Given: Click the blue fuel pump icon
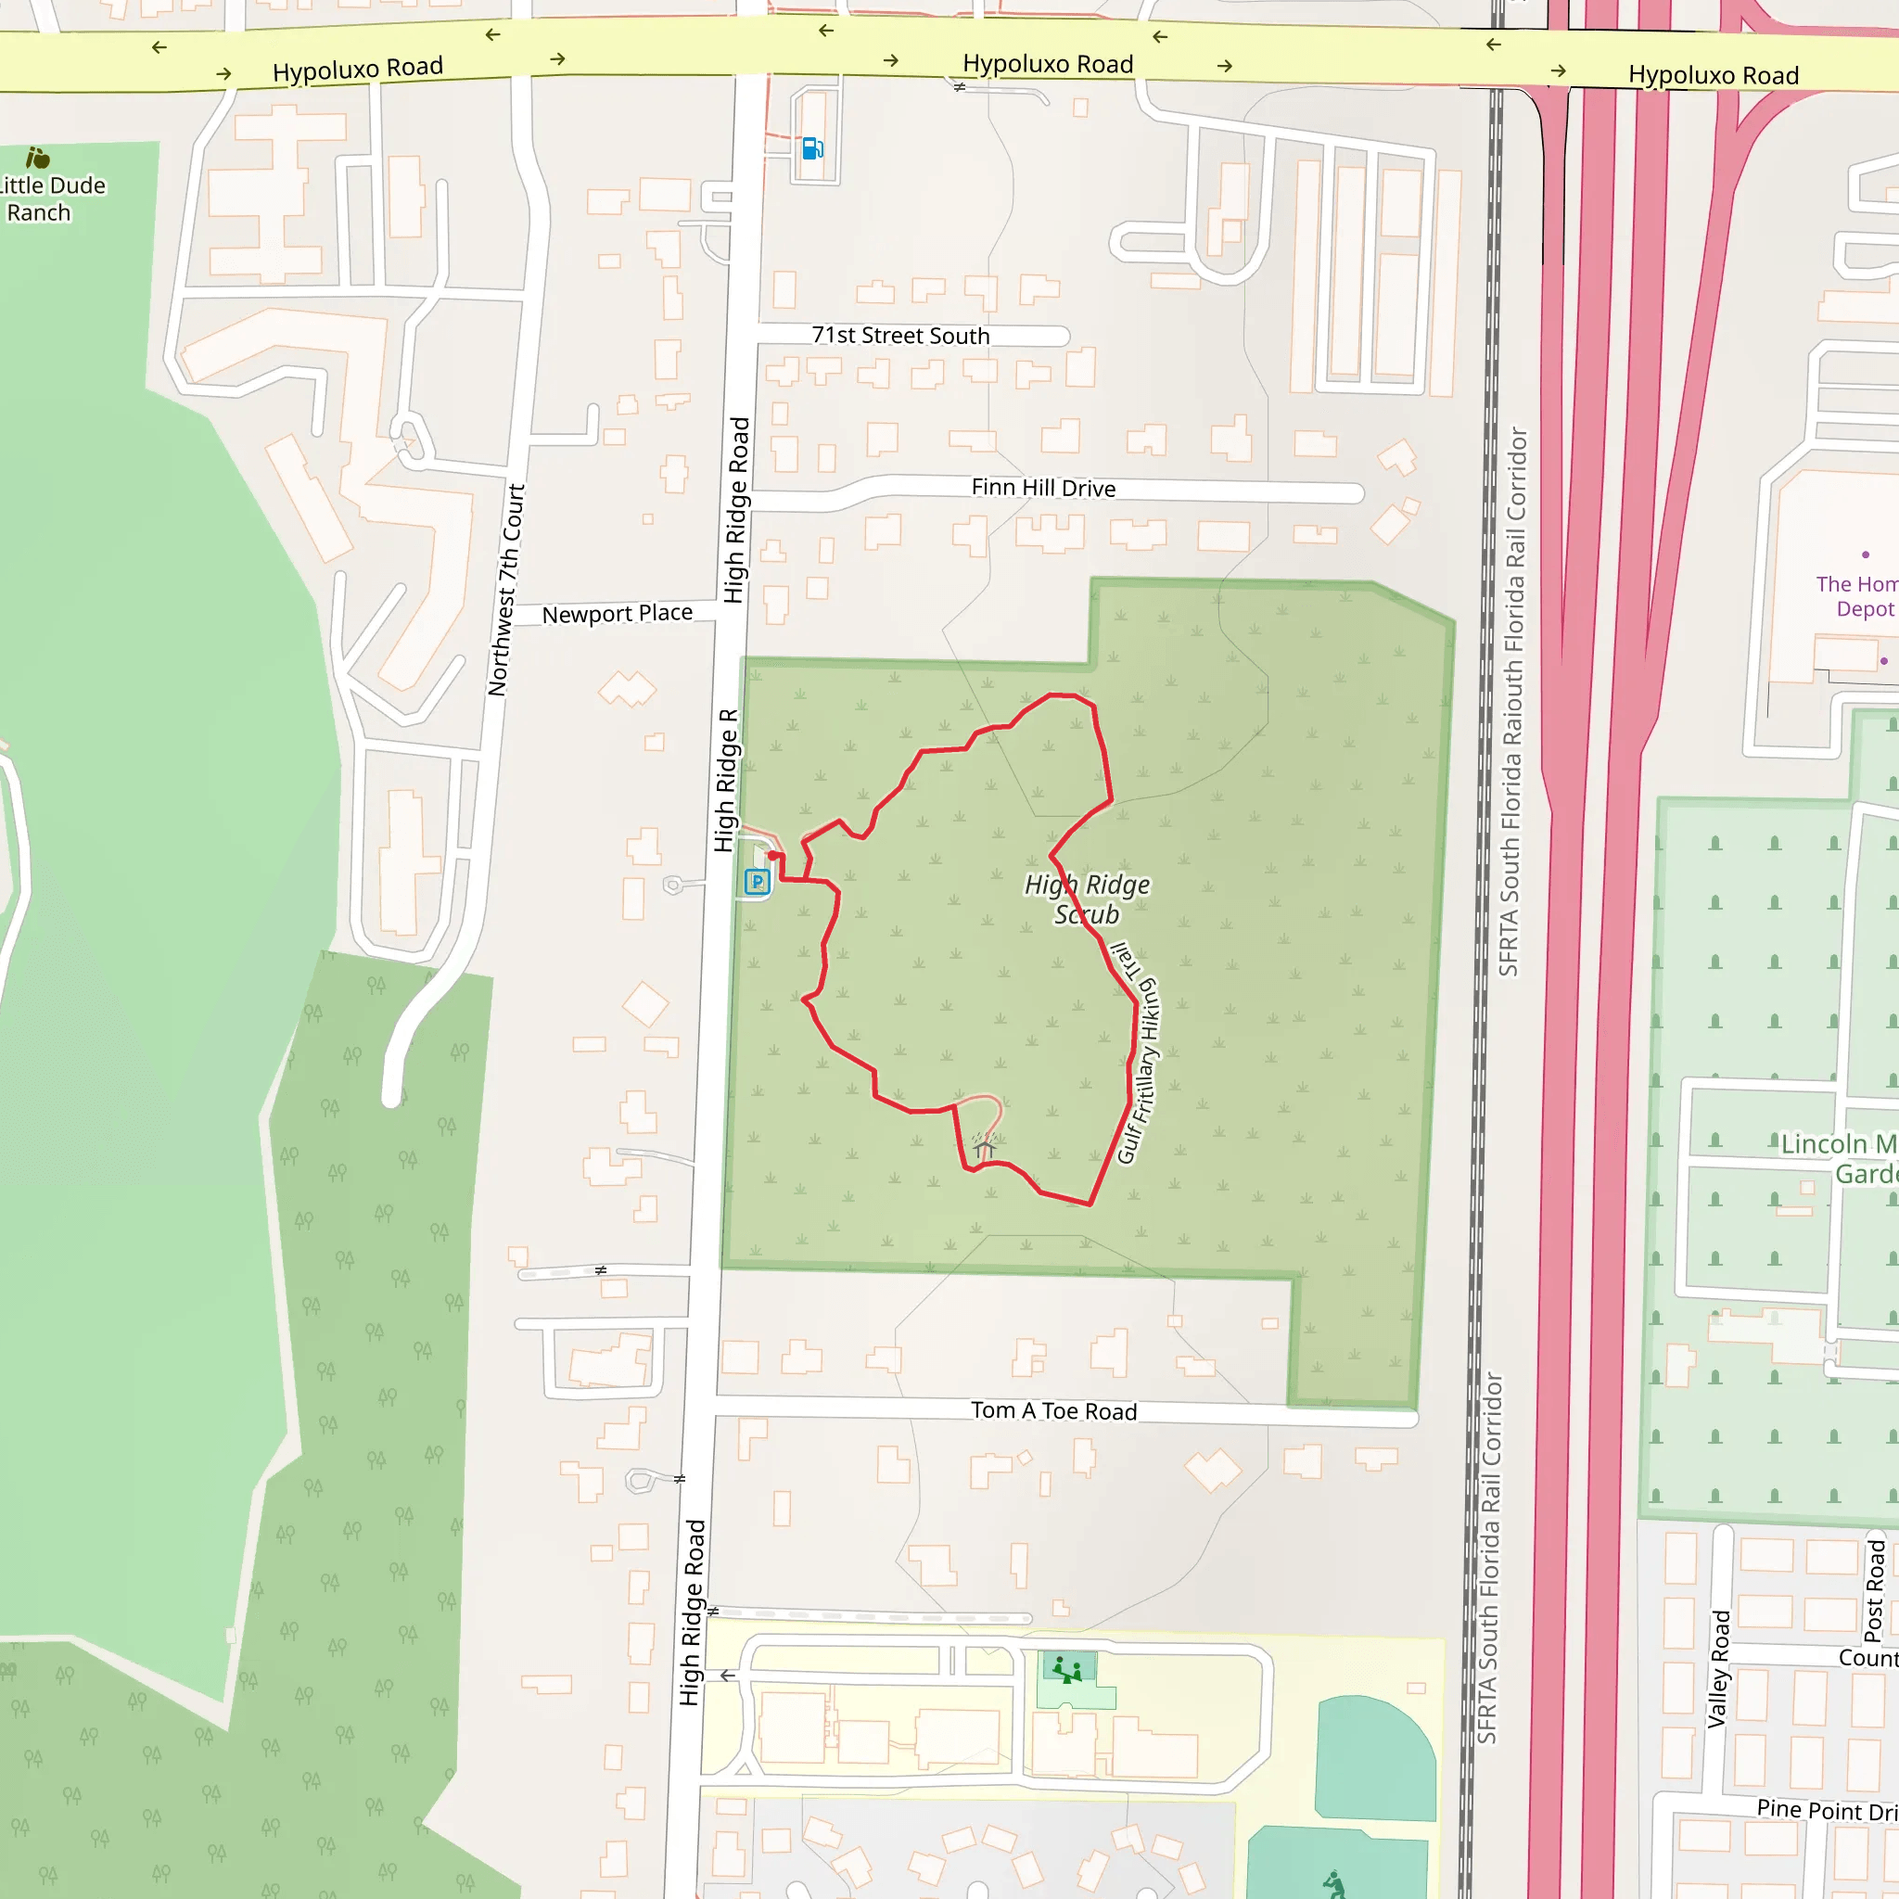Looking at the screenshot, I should click(x=812, y=148).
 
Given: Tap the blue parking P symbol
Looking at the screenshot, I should click(x=756, y=881).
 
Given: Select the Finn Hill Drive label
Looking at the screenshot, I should click(x=1043, y=488).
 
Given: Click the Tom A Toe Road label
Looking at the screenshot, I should click(x=1053, y=1410).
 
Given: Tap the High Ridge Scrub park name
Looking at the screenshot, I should click(x=1087, y=899).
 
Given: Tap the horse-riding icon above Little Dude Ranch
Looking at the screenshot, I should click(x=37, y=158).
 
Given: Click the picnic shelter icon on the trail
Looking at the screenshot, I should click(x=984, y=1146).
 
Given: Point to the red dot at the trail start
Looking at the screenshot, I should click(x=773, y=856).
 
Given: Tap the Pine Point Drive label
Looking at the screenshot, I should click(x=1827, y=1810).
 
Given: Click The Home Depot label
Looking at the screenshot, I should click(x=1855, y=595).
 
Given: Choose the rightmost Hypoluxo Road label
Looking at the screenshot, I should click(x=1714, y=75).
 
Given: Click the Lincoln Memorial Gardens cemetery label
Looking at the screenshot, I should click(x=1838, y=1158).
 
